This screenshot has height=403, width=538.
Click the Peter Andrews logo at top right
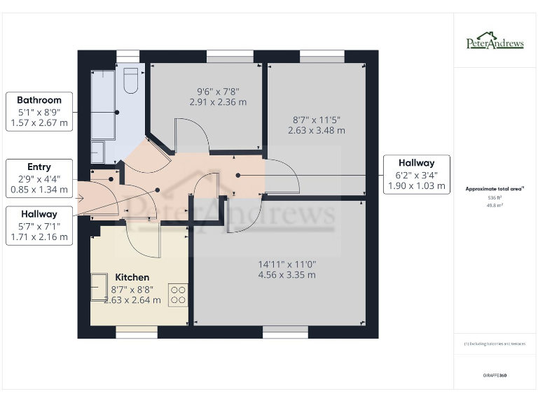[x=495, y=41]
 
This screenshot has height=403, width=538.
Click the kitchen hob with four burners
[x=178, y=294]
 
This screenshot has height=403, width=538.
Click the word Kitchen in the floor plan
[x=132, y=277]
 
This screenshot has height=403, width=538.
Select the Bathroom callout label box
[x=39, y=112]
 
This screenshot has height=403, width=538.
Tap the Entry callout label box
[x=39, y=178]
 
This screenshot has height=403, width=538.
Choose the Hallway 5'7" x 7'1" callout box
[x=39, y=225]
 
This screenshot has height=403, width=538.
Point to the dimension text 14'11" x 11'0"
[x=287, y=269]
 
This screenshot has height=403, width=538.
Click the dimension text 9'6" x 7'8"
[x=218, y=96]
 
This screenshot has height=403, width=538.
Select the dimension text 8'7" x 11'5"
[x=316, y=125]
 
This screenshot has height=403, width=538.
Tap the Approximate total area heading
[x=495, y=189]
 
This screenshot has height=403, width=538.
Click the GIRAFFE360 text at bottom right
[x=495, y=376]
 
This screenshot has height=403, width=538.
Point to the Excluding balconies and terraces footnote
[x=495, y=344]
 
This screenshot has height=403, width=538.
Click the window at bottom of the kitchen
[x=137, y=334]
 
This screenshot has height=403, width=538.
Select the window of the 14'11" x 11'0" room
[x=285, y=334]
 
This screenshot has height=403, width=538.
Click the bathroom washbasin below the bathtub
[x=97, y=153]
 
